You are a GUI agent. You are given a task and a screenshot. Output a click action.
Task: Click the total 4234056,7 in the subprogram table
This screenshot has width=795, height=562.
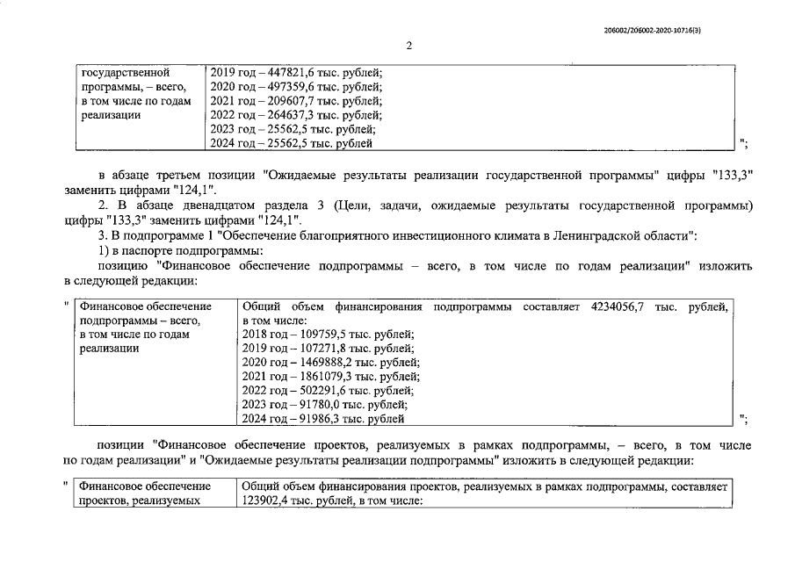click(x=615, y=306)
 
